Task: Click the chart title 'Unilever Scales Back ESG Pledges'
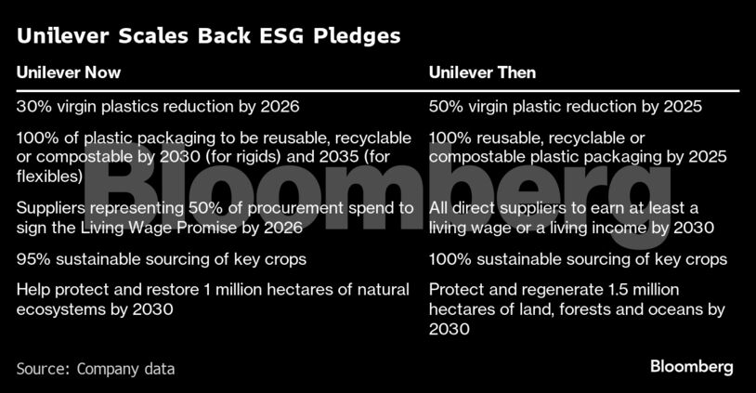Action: [x=208, y=36]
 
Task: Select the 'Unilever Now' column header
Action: [x=69, y=72]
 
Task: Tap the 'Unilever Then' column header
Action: [x=482, y=72]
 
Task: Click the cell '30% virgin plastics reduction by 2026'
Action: [x=158, y=106]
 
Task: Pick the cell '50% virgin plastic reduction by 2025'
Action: [x=565, y=106]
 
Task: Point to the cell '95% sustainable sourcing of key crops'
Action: [x=161, y=259]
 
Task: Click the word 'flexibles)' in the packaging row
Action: [x=49, y=177]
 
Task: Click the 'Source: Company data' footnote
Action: [x=96, y=369]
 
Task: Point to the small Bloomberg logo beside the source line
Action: [x=691, y=367]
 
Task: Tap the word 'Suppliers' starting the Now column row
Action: [x=51, y=208]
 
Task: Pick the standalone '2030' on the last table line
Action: [x=449, y=329]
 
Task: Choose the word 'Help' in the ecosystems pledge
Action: [x=33, y=290]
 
